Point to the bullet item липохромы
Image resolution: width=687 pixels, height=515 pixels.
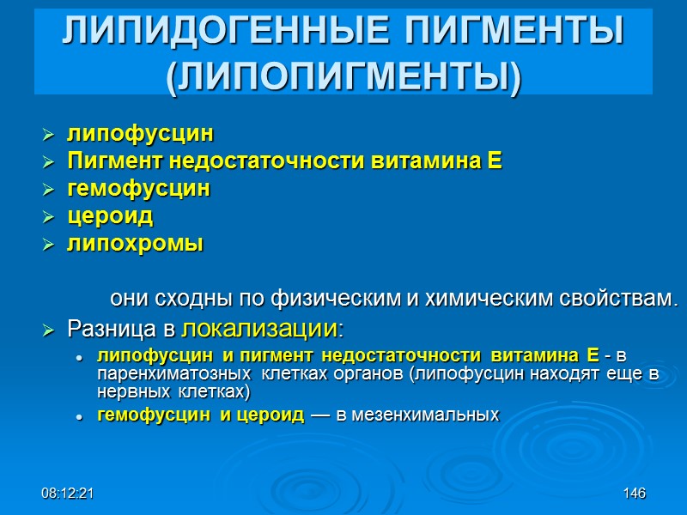coord(135,244)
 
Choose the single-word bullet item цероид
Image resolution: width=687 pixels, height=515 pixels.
coord(110,216)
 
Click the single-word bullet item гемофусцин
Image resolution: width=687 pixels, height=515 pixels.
coord(138,188)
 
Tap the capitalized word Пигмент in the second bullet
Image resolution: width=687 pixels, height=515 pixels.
coord(106,161)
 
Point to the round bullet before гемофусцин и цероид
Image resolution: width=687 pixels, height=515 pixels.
coord(78,416)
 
